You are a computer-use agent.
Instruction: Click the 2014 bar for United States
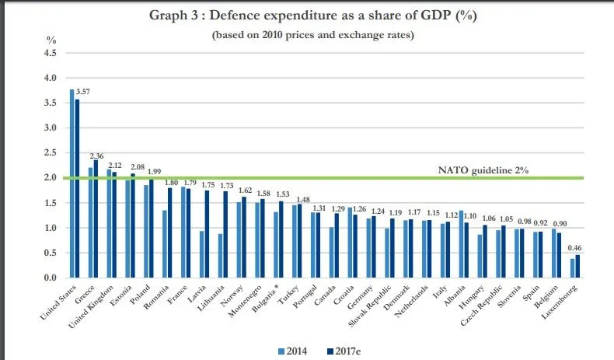[72, 183]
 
